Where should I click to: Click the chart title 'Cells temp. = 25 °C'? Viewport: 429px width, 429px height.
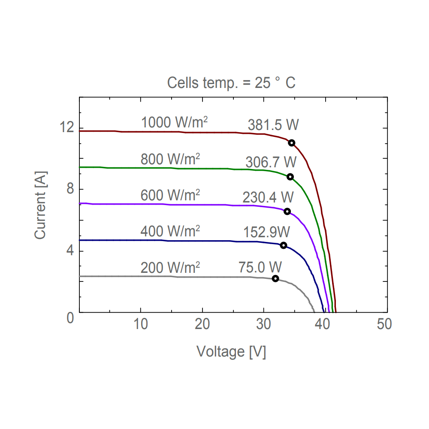click(x=231, y=83)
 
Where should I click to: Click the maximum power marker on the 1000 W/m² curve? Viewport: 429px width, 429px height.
click(x=292, y=143)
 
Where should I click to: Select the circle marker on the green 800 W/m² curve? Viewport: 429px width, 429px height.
click(x=290, y=177)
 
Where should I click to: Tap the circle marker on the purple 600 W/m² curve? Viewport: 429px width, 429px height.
click(x=287, y=211)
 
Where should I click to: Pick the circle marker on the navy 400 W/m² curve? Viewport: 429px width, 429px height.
click(x=284, y=245)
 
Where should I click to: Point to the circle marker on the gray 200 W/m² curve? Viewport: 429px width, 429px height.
click(x=275, y=279)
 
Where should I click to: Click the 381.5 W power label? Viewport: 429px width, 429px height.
click(x=273, y=125)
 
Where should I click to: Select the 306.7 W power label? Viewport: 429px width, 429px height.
click(x=271, y=163)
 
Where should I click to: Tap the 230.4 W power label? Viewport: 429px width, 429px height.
click(x=268, y=198)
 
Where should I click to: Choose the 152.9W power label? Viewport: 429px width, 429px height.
click(x=267, y=232)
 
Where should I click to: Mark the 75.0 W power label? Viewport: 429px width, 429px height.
click(x=260, y=267)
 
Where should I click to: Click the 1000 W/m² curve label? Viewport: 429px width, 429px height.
click(x=175, y=123)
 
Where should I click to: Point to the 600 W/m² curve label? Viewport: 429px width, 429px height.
click(x=170, y=195)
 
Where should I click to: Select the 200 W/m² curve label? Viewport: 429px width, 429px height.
click(x=170, y=268)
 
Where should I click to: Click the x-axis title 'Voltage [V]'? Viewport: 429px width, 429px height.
click(x=231, y=352)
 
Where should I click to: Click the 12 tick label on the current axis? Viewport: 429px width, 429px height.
click(x=67, y=128)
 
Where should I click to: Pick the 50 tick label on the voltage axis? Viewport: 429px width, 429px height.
click(x=384, y=324)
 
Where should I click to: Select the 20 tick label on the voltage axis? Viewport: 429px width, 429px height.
click(x=202, y=324)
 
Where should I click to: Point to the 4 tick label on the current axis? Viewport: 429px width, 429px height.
click(x=70, y=251)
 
